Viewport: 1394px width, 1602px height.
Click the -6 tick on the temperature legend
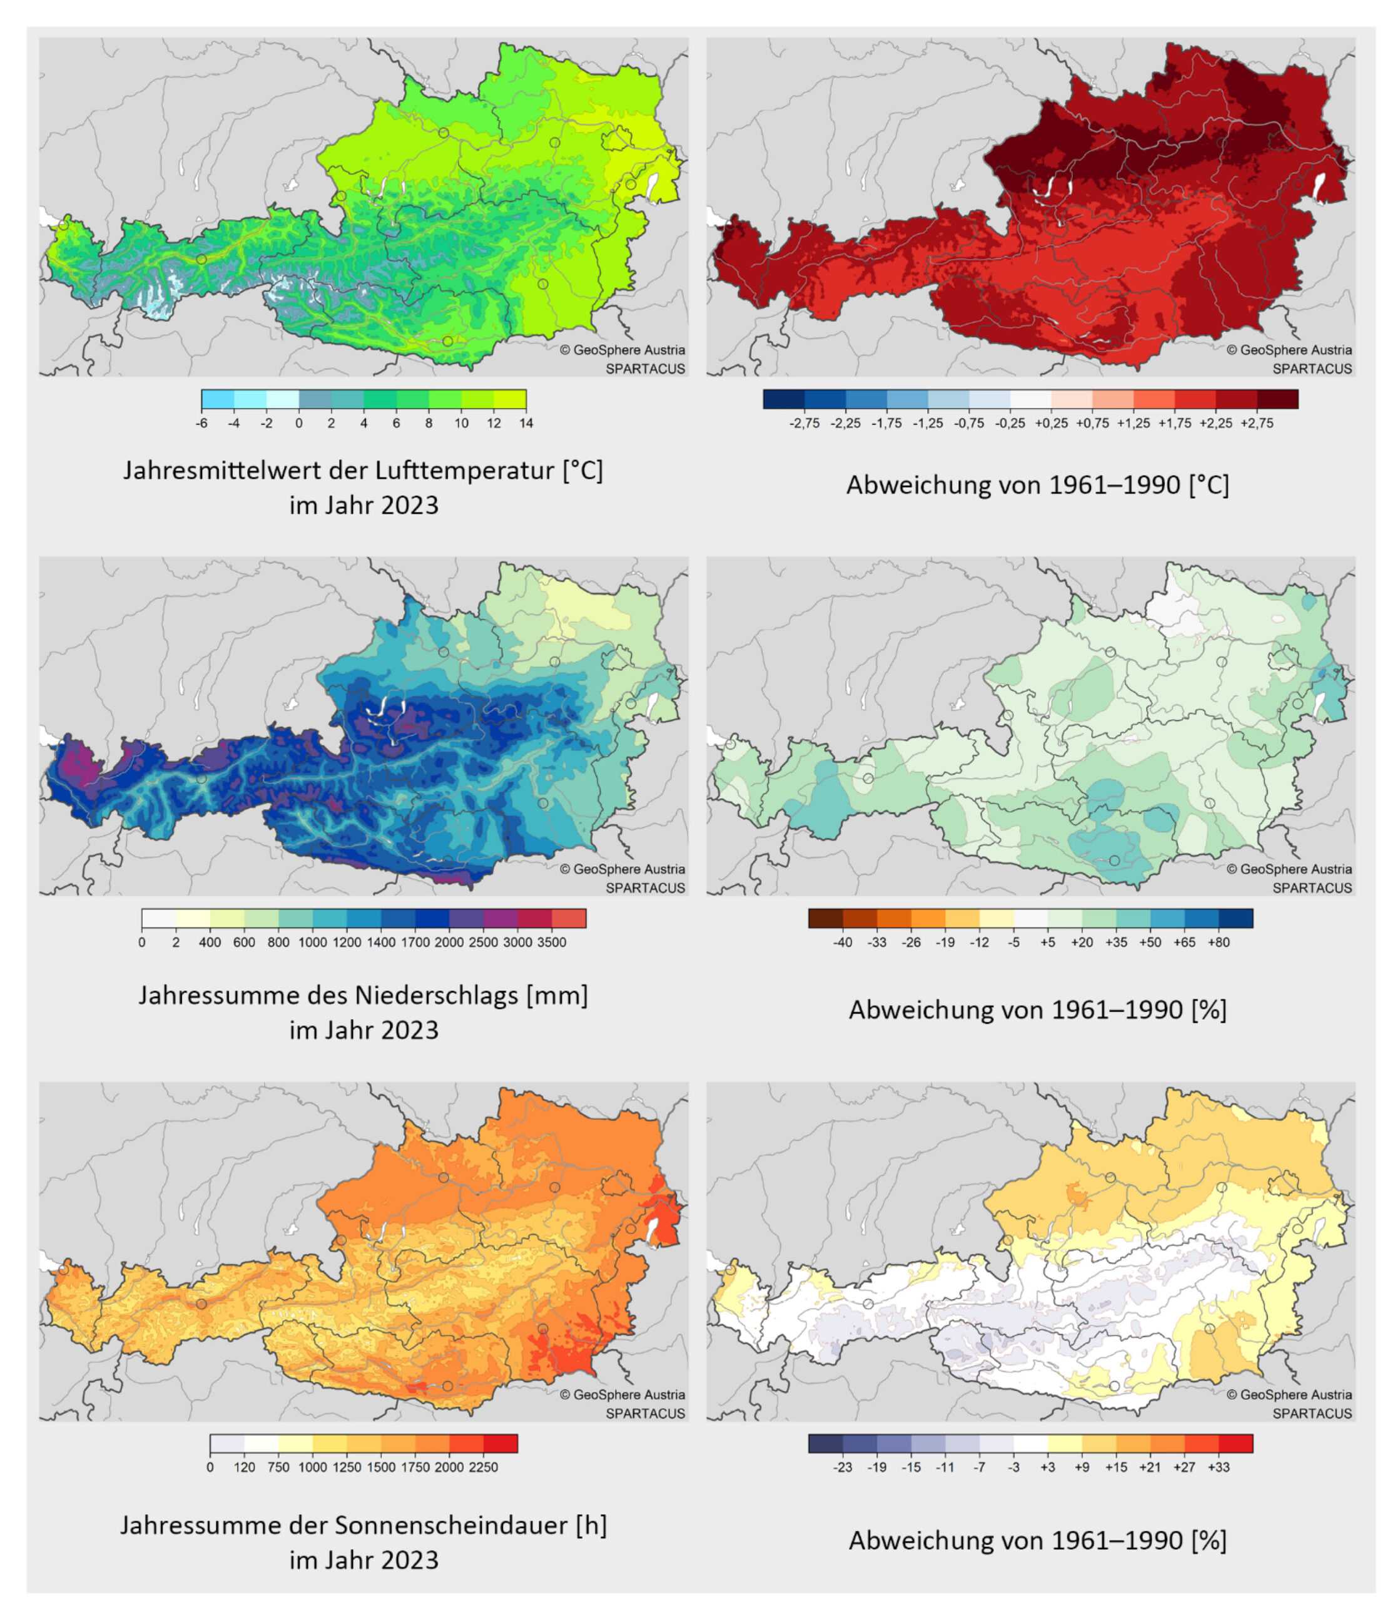(201, 423)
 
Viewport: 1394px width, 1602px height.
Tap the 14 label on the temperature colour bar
(526, 423)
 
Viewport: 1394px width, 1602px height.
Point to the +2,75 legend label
(1257, 423)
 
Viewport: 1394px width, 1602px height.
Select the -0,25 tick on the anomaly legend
(1010, 423)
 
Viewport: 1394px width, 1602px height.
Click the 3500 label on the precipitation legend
(552, 942)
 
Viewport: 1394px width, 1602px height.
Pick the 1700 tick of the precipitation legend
(415, 942)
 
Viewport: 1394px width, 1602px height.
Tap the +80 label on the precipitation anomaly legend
(1218, 942)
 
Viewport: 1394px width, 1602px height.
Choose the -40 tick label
(842, 942)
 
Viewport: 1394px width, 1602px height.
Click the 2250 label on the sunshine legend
(483, 1467)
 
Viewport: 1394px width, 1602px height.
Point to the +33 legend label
(1218, 1467)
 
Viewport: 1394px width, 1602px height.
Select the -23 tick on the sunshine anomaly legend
(842, 1467)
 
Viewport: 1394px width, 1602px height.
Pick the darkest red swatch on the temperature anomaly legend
(1278, 399)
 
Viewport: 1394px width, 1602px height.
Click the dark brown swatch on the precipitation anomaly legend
(825, 918)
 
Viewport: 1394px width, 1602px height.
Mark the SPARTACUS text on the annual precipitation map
(645, 888)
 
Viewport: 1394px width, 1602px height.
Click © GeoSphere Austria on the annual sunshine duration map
(623, 1394)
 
